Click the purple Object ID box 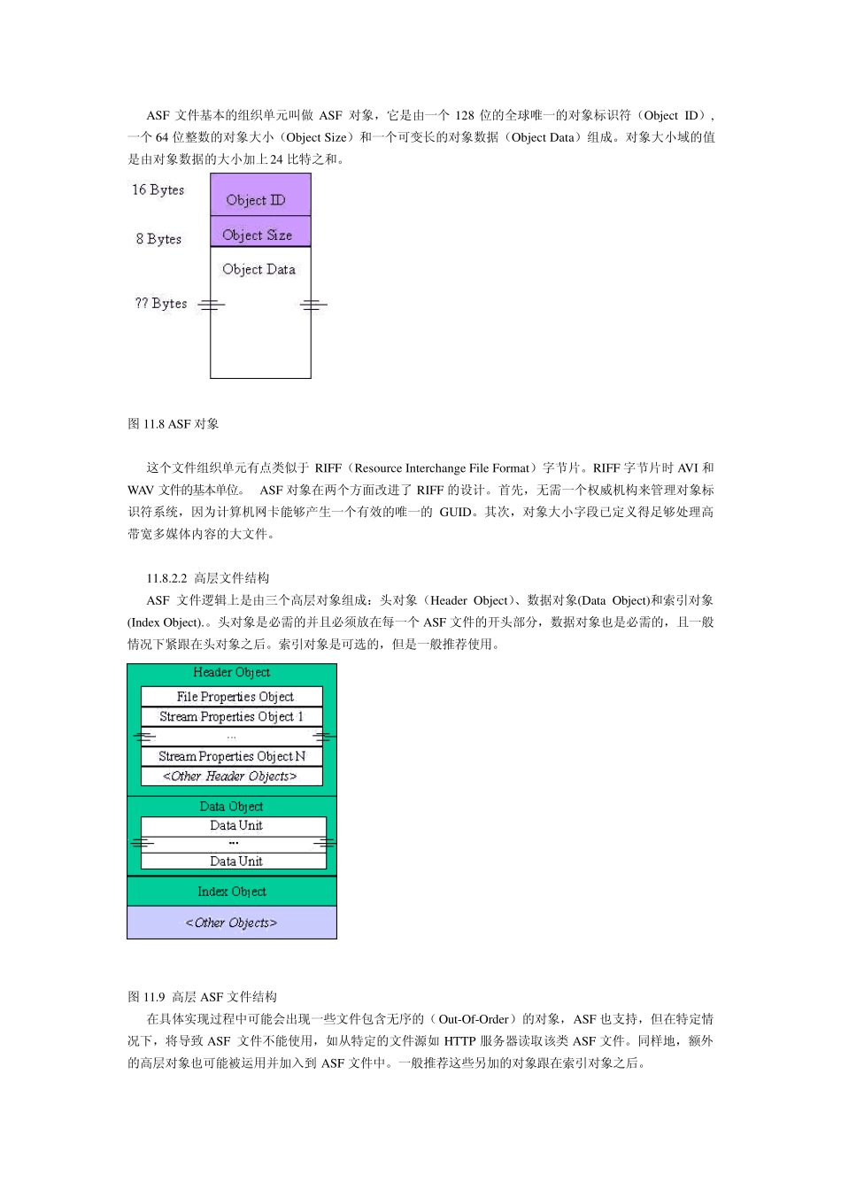(x=259, y=196)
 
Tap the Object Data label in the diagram (x=258, y=269)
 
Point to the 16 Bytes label (x=158, y=189)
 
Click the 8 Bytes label (x=158, y=239)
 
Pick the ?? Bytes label (x=160, y=303)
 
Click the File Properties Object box (x=232, y=697)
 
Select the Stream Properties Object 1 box (x=232, y=716)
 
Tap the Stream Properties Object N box (x=232, y=756)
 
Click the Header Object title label (x=231, y=673)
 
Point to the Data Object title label (x=231, y=807)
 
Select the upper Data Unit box (x=235, y=825)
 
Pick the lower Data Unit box (x=235, y=861)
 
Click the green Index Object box (x=232, y=892)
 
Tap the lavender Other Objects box (x=231, y=923)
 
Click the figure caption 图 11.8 (x=174, y=424)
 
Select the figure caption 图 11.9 (x=202, y=997)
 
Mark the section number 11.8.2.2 (x=166, y=578)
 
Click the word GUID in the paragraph (x=455, y=512)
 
